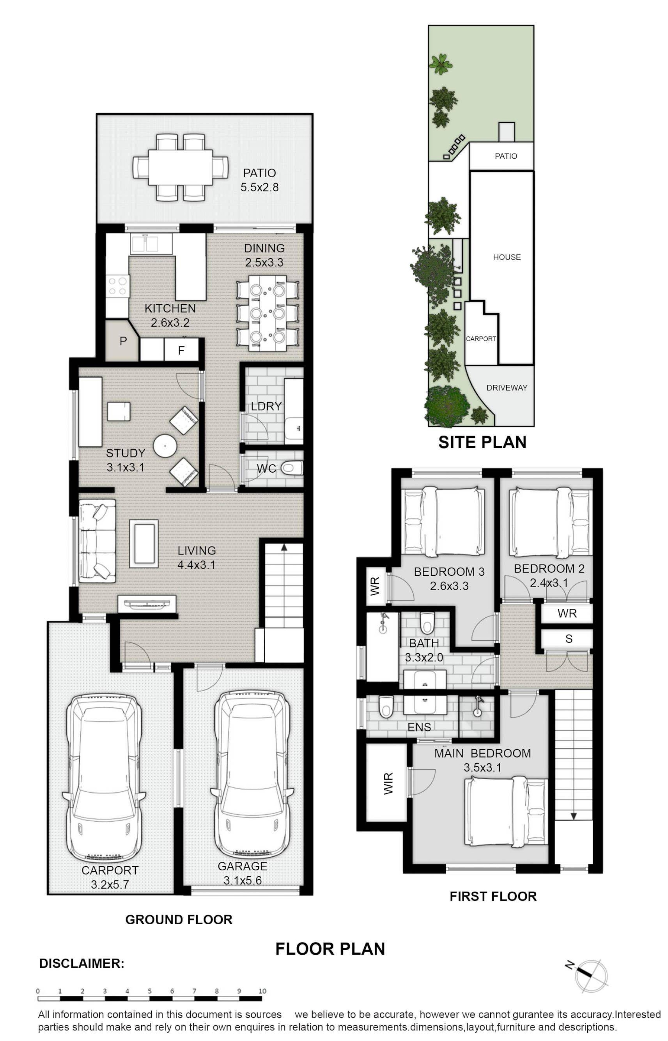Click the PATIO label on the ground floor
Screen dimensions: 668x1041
point(260,173)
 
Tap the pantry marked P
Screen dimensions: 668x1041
point(122,341)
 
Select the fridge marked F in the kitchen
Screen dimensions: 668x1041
point(181,350)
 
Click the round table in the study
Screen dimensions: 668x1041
point(165,445)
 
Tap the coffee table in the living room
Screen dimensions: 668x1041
point(144,544)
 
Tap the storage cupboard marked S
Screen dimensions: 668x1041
point(568,639)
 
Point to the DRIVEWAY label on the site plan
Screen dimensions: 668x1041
point(507,388)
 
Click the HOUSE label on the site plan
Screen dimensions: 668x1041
point(507,257)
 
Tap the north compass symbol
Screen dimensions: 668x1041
point(590,976)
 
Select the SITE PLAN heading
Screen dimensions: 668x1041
point(482,442)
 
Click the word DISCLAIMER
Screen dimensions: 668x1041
point(81,963)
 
